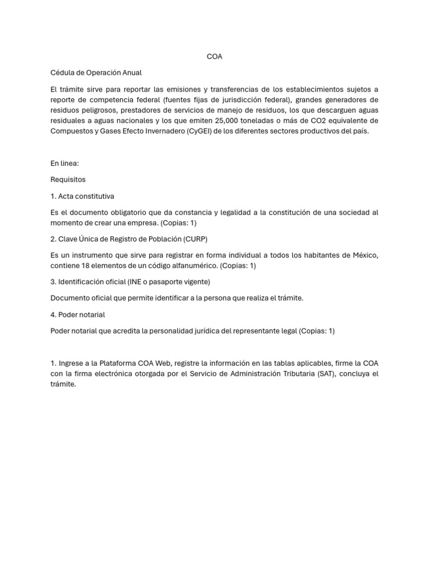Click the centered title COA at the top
coord(214,56)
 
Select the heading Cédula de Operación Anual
coord(96,73)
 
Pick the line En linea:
coord(65,164)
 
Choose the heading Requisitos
coord(68,180)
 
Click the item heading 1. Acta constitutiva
coord(82,196)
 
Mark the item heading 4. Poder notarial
coord(78,314)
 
